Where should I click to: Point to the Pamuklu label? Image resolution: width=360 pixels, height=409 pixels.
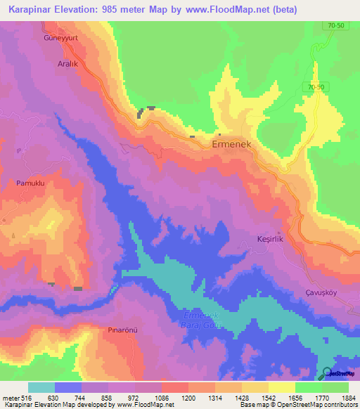(30, 183)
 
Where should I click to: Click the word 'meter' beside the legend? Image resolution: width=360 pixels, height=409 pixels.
(11, 398)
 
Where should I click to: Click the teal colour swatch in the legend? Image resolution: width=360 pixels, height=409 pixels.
(41, 387)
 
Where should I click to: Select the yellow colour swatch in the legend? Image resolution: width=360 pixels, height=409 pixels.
(282, 387)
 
